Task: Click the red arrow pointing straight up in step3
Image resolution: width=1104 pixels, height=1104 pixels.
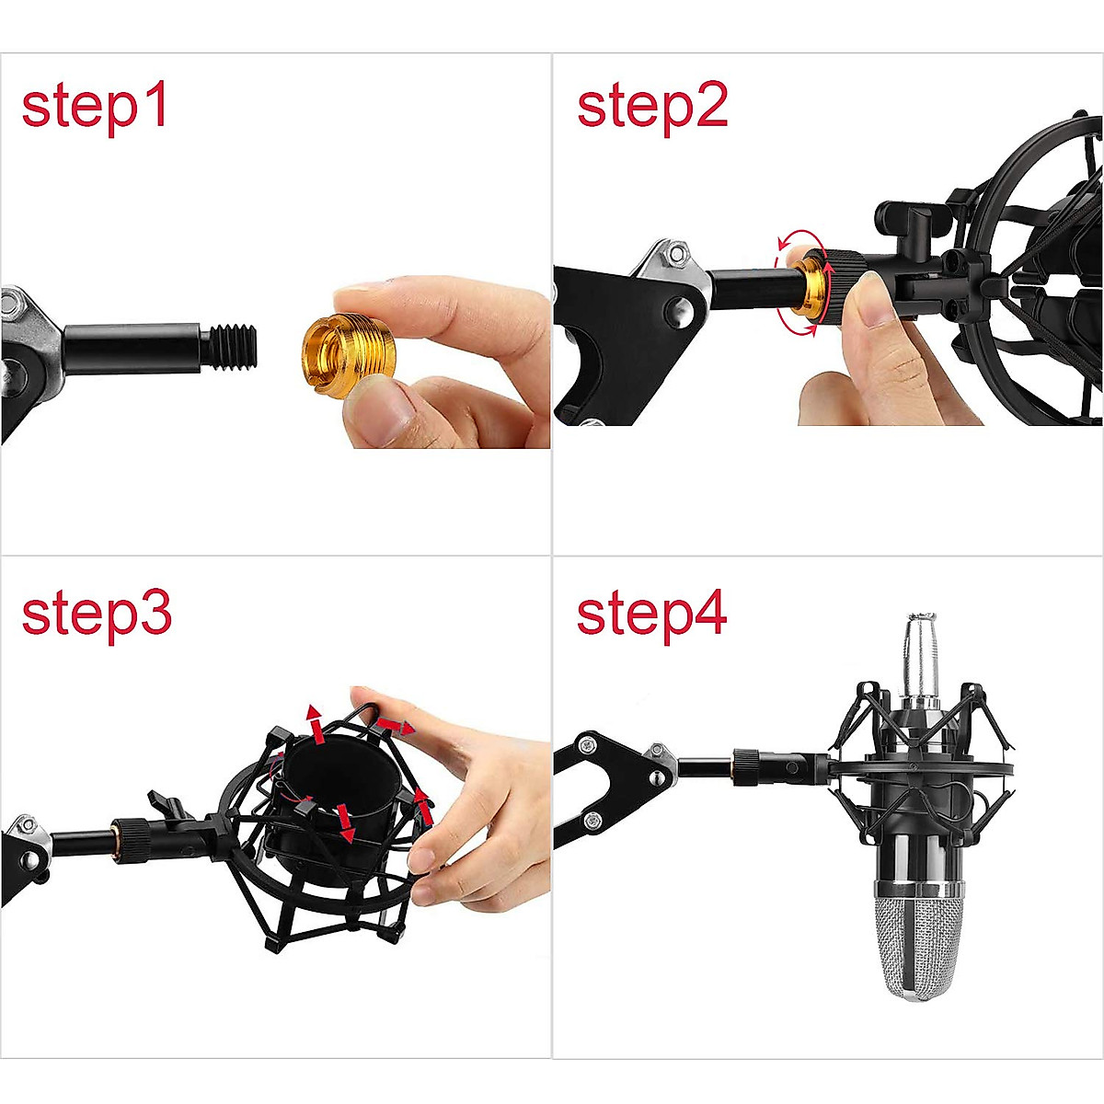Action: tap(316, 721)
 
